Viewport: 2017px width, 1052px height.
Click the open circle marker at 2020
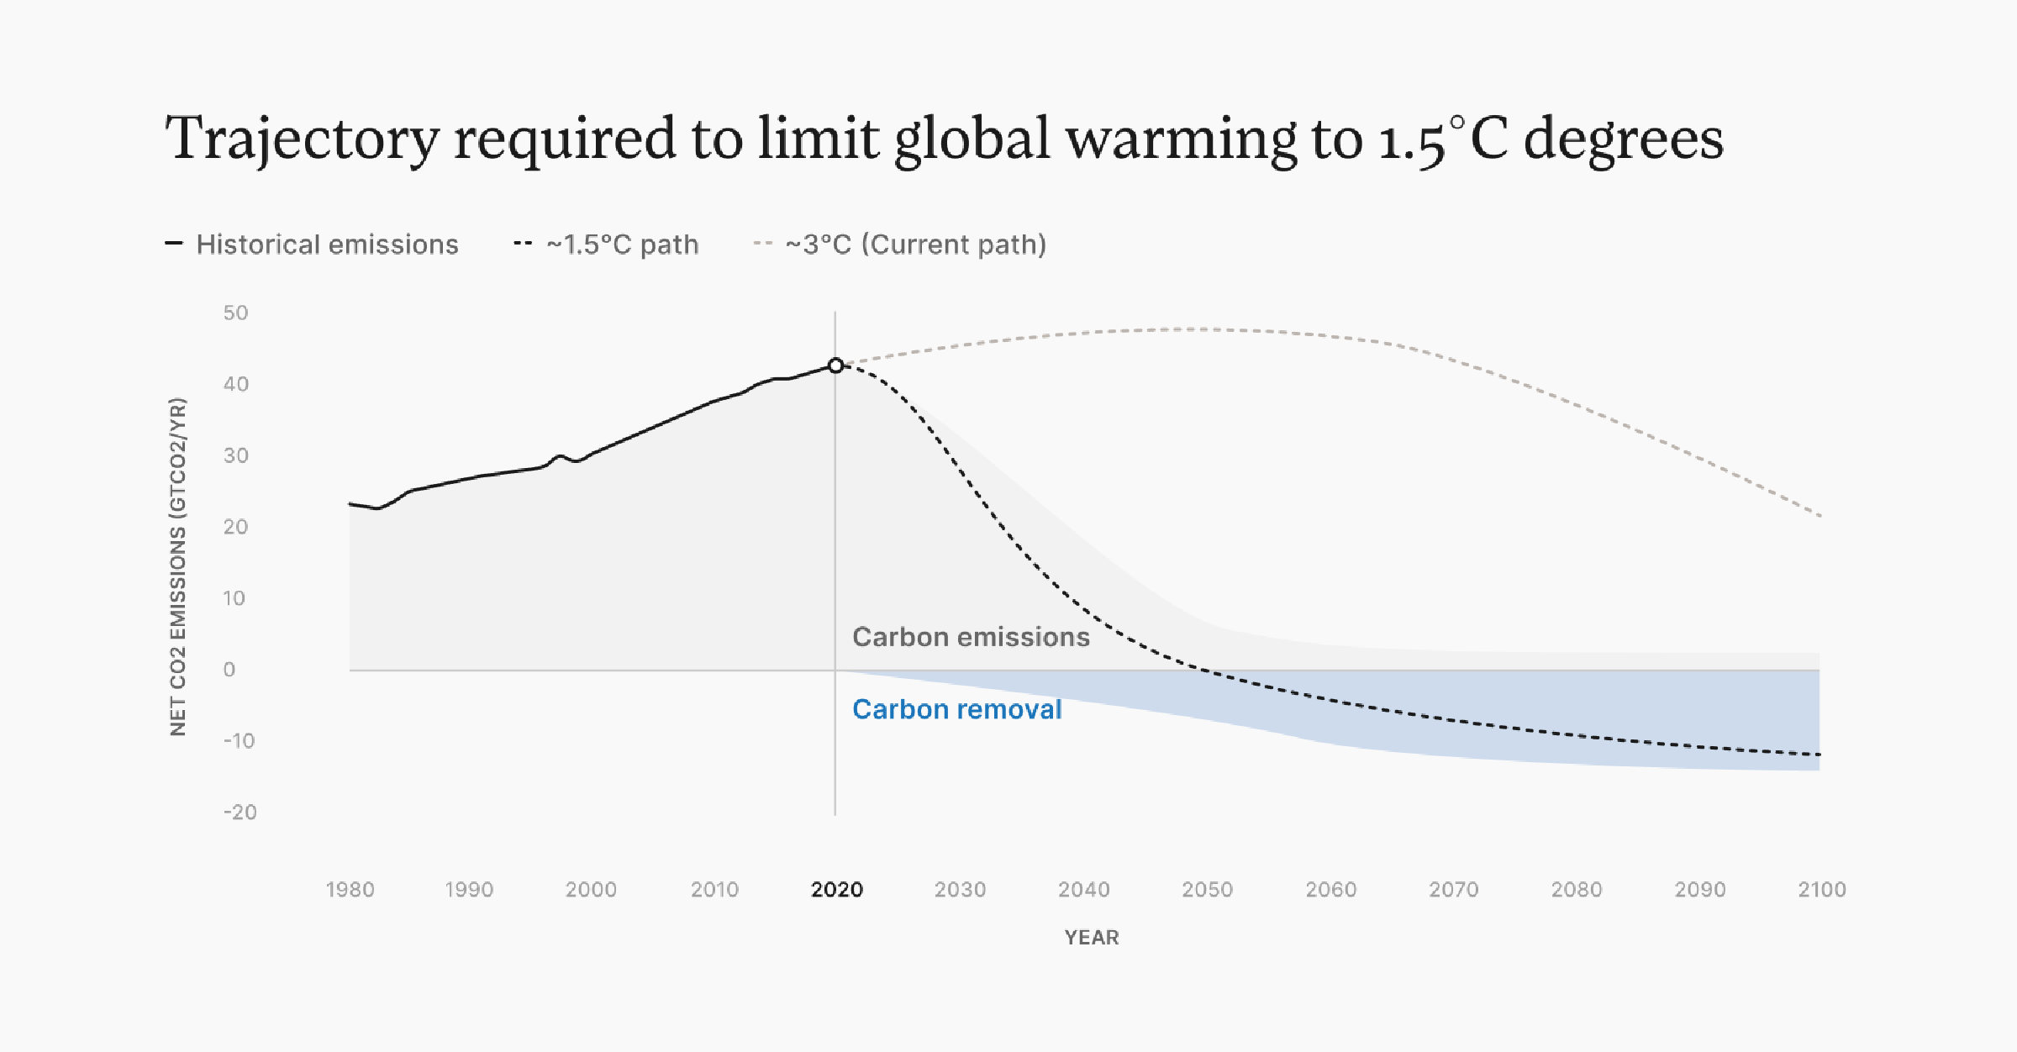(835, 366)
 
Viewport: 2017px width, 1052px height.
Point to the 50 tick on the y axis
(235, 313)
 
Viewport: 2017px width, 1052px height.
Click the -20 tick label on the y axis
(240, 813)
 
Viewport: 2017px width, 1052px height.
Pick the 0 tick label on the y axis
(229, 670)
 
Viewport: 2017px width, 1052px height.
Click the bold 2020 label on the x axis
(836, 890)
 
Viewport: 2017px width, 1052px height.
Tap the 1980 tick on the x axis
(350, 890)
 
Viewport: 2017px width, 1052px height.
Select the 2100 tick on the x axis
(1821, 890)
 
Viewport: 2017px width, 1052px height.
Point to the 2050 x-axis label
(1207, 890)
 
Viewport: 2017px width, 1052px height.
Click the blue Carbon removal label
(956, 710)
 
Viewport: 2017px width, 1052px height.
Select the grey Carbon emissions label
(971, 638)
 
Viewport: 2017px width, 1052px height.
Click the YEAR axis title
(1091, 938)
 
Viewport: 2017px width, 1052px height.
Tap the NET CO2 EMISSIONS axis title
(178, 567)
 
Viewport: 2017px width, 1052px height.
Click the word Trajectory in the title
(303, 139)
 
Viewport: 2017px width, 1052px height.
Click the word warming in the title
(1181, 139)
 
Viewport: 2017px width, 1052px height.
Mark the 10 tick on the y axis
(234, 598)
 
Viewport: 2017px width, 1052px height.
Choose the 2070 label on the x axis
(1453, 890)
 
